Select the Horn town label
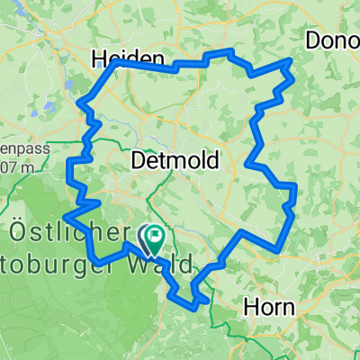(x=269, y=307)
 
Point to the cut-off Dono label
(x=332, y=40)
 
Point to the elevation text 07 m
(x=18, y=167)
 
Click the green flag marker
(x=155, y=238)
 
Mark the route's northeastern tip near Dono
(x=290, y=60)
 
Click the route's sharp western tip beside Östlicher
(x=66, y=216)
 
